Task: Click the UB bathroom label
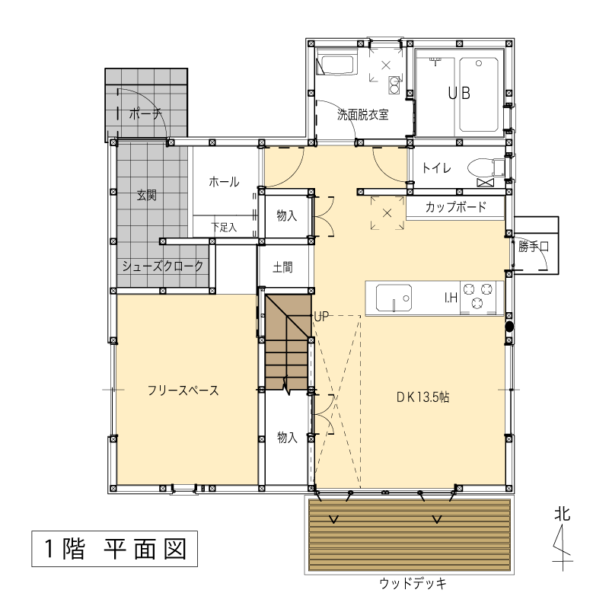coord(459,93)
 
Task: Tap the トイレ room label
coord(436,168)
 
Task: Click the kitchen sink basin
coord(394,298)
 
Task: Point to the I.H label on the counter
coord(451,298)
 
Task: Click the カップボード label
coord(455,206)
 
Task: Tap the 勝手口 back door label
coord(534,246)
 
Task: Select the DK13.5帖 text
coord(423,397)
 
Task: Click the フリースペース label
coord(183,391)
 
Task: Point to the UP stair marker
coord(321,317)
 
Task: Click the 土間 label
coord(282,267)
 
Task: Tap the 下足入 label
coord(224,227)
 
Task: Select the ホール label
coord(224,181)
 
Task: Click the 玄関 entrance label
coord(147,195)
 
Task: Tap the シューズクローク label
coord(162,266)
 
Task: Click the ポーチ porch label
coord(145,113)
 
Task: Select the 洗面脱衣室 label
coord(363,115)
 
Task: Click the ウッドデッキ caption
coord(413,583)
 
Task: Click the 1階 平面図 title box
coord(115,549)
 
